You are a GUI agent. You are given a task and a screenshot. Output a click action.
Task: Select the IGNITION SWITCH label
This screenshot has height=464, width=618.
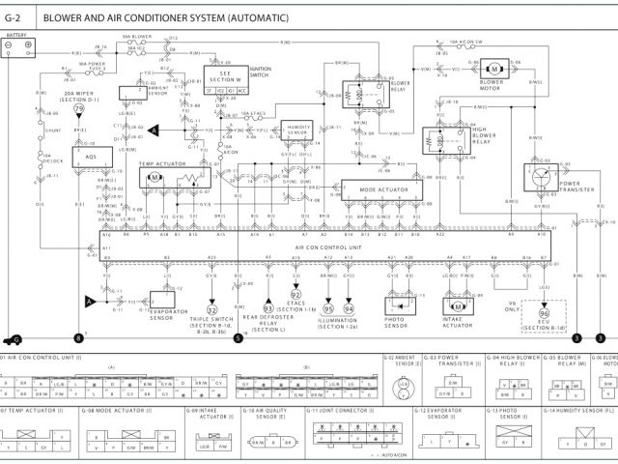[262, 72]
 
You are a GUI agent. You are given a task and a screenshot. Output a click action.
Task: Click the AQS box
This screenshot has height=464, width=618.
[91, 156]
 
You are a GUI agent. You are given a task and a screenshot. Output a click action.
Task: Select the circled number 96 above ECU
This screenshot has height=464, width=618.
[544, 314]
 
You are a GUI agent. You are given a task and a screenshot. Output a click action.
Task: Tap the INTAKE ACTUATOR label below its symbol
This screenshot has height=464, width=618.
[458, 323]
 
